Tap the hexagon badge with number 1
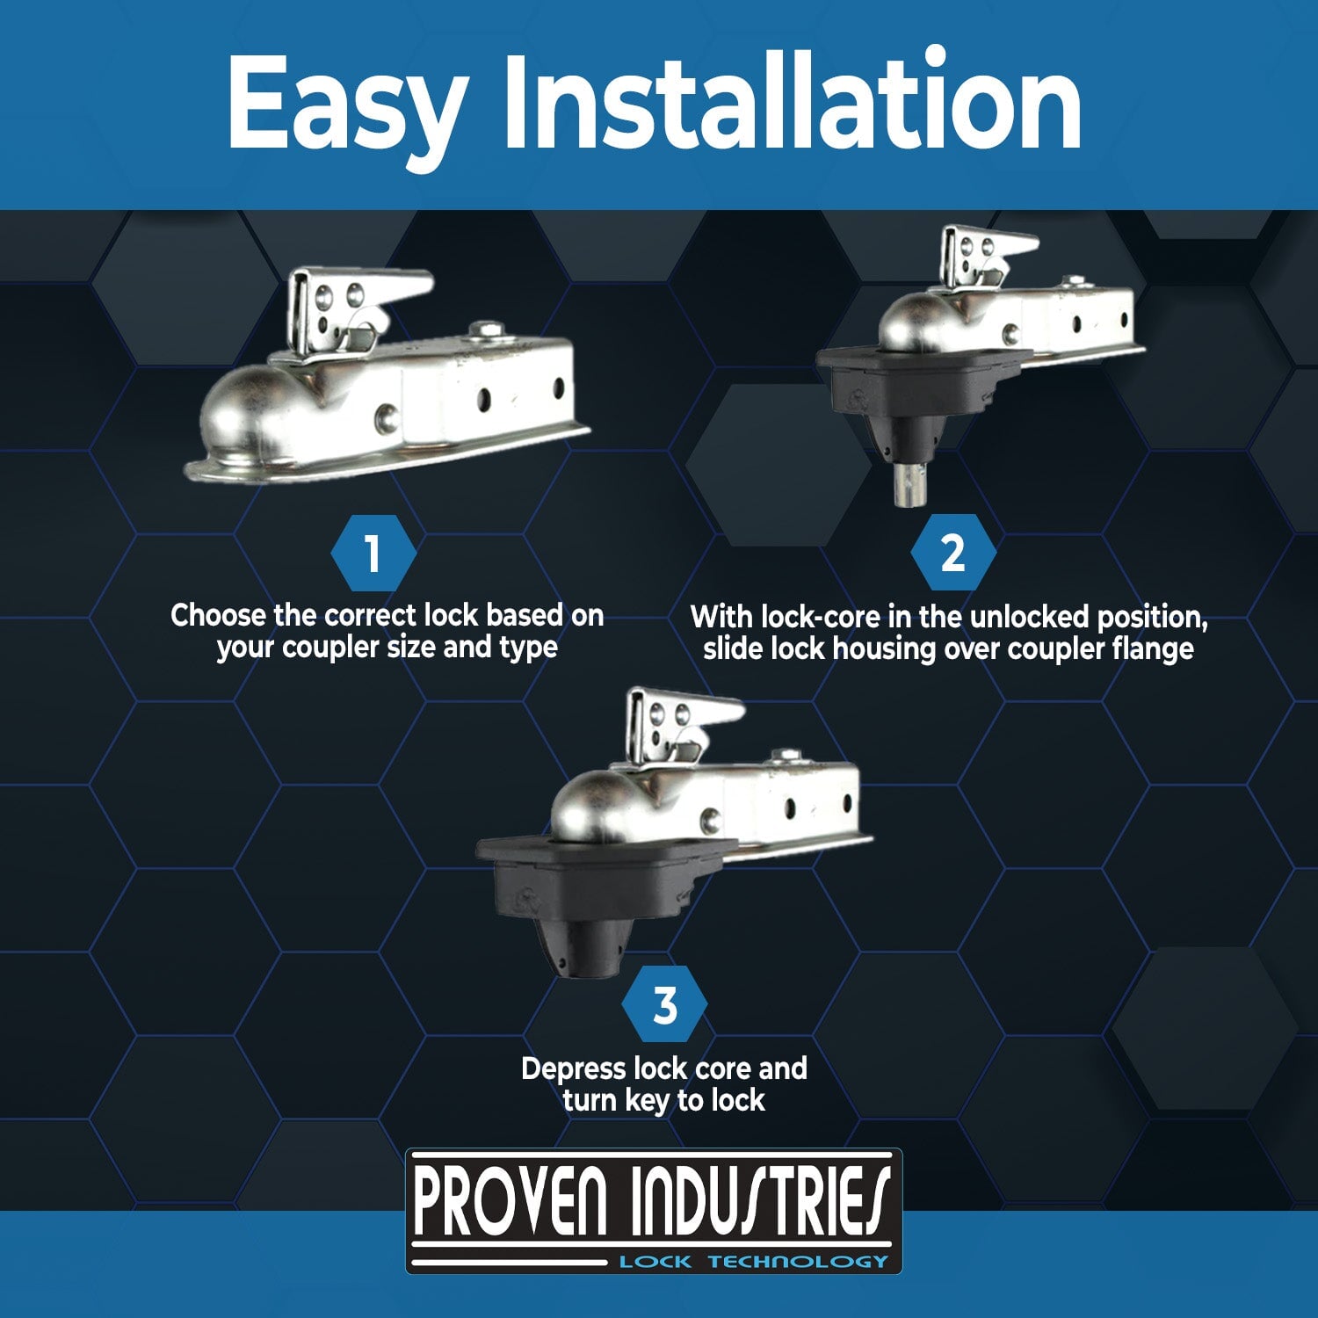pos(373,554)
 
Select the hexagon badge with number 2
pos(952,554)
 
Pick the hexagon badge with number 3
pos(664,1005)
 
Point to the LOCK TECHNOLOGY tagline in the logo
pos(753,1262)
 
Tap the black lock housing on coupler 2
pos(905,387)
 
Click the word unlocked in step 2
pos(1029,618)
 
